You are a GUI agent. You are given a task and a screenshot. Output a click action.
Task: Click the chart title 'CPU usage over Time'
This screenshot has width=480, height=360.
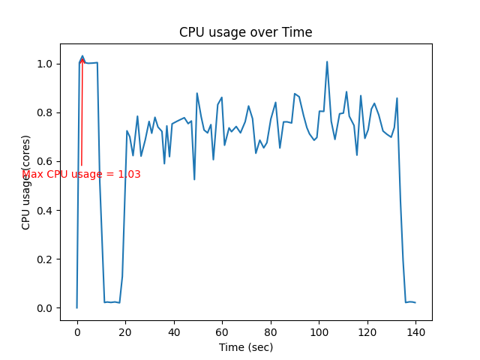[245, 32]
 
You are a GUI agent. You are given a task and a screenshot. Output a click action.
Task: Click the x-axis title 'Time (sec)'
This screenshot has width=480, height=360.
[245, 347]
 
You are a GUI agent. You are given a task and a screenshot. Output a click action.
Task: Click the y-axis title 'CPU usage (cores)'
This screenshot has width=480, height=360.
[26, 181]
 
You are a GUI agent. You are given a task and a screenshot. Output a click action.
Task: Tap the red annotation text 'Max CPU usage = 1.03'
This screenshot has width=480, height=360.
[81, 175]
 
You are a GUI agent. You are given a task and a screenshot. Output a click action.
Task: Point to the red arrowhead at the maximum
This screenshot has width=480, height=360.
[82, 59]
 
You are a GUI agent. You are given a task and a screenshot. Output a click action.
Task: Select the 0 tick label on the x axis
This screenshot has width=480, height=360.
[77, 330]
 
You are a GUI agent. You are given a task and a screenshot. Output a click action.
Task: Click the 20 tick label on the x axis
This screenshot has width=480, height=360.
[125, 330]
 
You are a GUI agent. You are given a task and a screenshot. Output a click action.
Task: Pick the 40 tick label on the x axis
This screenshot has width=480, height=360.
[174, 330]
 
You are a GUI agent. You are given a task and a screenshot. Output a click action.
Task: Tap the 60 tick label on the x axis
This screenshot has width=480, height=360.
[222, 330]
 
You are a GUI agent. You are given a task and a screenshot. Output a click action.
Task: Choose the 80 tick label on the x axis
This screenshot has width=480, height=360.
[271, 330]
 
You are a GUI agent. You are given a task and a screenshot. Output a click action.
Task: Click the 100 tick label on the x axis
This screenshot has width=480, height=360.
[319, 330]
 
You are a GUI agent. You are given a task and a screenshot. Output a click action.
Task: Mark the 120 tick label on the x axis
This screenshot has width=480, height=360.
[367, 330]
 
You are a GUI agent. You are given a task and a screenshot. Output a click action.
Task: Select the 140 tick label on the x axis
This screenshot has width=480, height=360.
[415, 330]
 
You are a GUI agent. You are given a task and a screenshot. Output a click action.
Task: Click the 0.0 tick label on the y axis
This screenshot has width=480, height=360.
[46, 308]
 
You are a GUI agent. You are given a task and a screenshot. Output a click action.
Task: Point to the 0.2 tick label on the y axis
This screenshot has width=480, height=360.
[46, 259]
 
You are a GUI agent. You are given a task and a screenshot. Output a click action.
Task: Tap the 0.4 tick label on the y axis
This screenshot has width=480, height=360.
[46, 211]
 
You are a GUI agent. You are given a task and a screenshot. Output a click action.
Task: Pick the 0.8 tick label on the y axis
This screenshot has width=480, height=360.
[46, 112]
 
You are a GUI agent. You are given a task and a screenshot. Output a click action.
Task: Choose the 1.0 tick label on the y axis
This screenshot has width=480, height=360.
[46, 64]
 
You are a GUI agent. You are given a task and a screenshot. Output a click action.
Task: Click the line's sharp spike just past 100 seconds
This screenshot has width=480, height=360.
[327, 61]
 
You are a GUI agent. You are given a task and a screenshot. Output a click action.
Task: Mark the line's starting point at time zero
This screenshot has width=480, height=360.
[77, 307]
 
